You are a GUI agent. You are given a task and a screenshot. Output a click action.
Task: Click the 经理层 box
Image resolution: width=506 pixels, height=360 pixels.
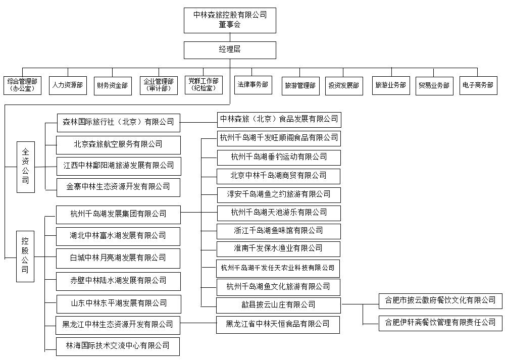point(230,50)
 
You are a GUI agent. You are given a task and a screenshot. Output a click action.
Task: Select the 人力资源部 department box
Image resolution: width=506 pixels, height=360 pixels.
point(67,85)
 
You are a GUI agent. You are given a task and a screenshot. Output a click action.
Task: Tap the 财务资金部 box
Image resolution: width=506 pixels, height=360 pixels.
point(112,85)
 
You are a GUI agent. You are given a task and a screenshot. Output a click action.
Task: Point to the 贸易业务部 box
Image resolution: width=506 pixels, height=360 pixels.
point(433,85)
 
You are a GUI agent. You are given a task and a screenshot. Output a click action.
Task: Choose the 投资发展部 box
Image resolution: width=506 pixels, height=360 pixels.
point(343,85)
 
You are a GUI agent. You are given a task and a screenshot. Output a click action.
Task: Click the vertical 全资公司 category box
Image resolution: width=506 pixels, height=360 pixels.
point(25,166)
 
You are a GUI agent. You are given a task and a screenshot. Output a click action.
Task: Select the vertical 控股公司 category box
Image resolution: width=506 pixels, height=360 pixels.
point(25,256)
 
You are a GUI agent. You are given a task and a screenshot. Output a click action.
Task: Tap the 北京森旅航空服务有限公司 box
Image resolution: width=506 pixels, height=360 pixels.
point(118,144)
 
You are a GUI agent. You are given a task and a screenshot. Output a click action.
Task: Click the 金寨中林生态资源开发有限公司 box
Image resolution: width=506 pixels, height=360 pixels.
point(118,186)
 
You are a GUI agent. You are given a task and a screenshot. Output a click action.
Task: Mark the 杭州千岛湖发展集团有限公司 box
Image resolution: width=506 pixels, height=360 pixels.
point(118,214)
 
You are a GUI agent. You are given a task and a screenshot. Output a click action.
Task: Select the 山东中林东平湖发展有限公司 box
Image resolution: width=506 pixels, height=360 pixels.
point(118,303)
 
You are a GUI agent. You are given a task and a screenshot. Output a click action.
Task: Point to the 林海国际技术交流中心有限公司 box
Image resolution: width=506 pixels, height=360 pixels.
point(118,346)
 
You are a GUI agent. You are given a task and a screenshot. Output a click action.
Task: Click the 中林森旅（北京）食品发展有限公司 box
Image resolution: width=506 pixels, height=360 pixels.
point(279,119)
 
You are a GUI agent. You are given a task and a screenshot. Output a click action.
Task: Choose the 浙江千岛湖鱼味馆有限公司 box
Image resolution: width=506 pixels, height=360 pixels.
point(279,231)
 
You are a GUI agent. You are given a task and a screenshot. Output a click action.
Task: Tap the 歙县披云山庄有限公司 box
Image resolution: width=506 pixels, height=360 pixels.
point(279,304)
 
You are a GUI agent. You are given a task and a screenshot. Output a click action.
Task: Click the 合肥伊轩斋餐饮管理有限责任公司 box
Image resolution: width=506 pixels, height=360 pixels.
point(440,322)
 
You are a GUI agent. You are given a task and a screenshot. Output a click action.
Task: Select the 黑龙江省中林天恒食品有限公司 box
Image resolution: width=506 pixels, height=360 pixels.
point(279,324)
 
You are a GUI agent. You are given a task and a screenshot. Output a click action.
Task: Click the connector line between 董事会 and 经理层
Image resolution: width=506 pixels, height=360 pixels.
point(230,37)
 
